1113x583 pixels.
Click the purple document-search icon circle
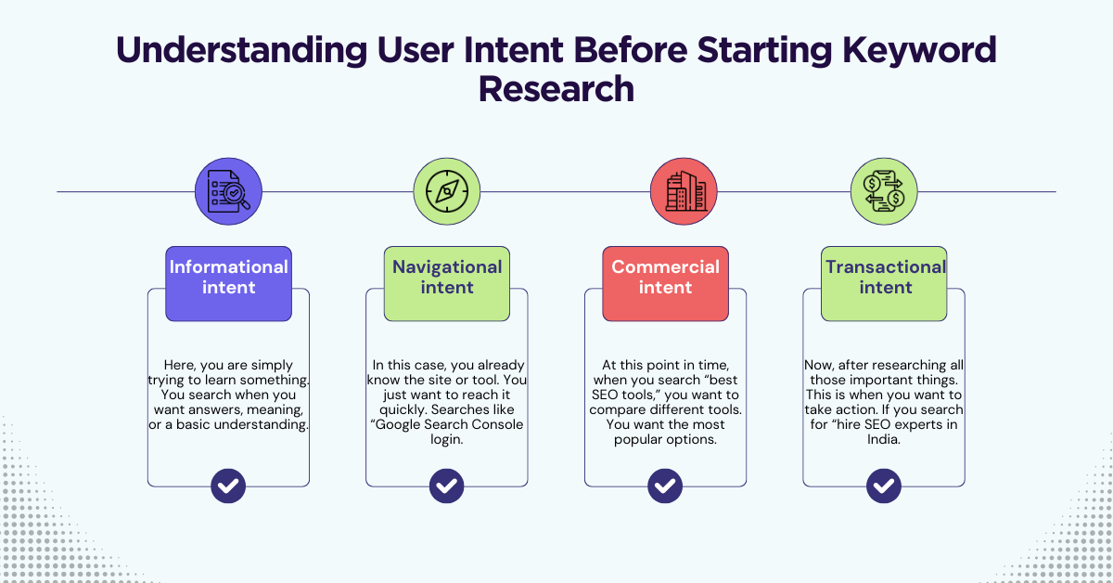point(228,192)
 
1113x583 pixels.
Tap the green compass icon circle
point(446,192)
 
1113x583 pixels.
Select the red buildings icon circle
point(684,192)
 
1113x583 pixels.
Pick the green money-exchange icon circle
point(884,192)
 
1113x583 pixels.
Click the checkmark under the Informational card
point(228,486)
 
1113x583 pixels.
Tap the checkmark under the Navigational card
point(447,486)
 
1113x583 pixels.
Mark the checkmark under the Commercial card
point(665,486)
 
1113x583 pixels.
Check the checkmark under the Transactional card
point(884,486)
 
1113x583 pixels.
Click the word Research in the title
point(556,88)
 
